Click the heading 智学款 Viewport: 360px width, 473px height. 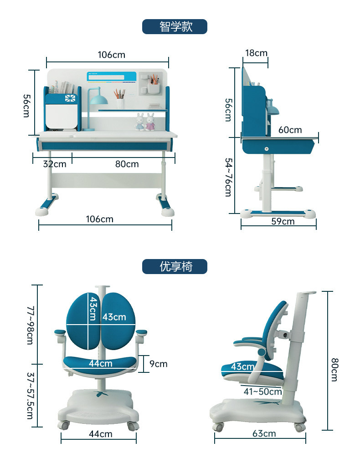175,26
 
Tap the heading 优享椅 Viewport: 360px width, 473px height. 175,266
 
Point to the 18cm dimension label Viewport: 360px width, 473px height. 256,53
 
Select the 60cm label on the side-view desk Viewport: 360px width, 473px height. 290,130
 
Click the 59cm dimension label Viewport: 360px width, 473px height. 283,221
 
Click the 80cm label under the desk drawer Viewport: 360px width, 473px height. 127,163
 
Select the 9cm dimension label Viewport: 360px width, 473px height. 159,363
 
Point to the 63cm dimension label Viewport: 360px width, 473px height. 264,433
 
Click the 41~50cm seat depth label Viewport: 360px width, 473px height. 262,391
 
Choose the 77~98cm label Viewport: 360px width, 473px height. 30,325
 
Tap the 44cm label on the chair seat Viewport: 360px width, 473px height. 100,363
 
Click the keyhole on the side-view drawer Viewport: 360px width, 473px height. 266,147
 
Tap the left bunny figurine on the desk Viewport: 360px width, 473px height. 140,122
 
